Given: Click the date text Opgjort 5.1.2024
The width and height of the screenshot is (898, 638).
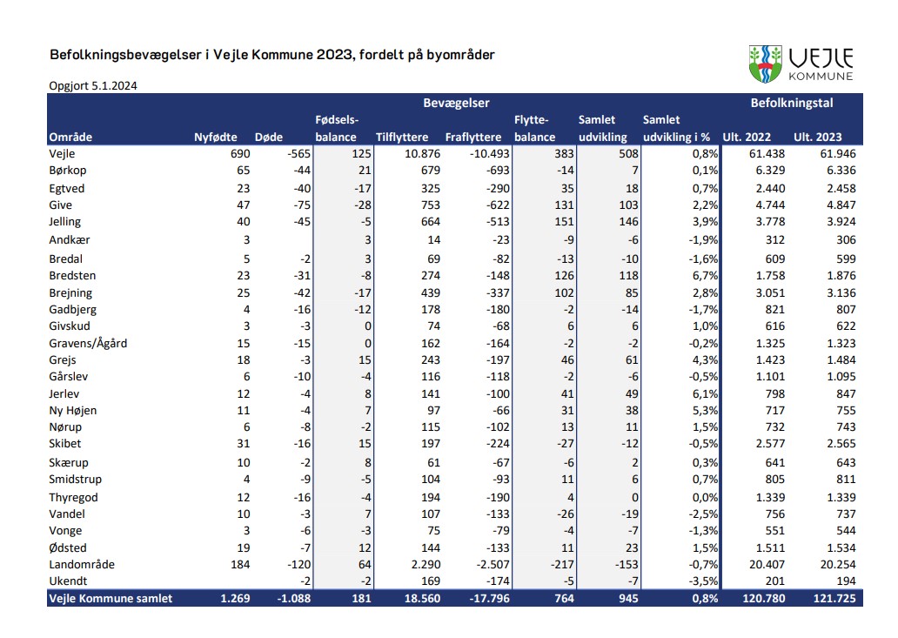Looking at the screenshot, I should [x=93, y=85].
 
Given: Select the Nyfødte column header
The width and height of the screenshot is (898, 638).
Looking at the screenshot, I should [x=215, y=137].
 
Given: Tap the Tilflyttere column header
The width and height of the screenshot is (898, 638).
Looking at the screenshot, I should [x=402, y=137].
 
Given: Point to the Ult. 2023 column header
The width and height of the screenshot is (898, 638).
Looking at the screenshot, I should [x=817, y=137].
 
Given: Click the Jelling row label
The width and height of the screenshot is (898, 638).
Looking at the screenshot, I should [x=65, y=222].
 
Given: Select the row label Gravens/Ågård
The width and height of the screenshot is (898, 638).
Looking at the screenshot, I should [x=88, y=343].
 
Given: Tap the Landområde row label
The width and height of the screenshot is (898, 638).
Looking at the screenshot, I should [x=82, y=564].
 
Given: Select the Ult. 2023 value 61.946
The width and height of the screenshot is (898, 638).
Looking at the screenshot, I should [x=836, y=154].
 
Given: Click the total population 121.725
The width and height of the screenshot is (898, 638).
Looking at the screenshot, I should [x=833, y=598].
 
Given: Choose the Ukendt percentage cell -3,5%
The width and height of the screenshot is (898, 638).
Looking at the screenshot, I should [x=703, y=581].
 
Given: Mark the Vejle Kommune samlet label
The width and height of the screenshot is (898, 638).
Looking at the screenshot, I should [x=111, y=598].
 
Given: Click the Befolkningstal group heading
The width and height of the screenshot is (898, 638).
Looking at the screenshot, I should [x=792, y=104].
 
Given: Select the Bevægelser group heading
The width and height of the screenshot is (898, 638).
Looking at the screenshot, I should [x=456, y=104].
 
